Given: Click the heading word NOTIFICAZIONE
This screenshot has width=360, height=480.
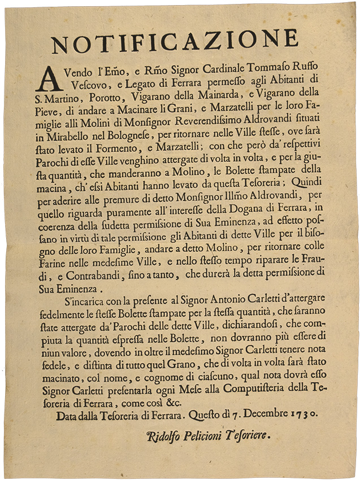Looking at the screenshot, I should pos(175,40).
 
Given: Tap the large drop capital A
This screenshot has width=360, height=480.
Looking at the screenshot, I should pos(49,77).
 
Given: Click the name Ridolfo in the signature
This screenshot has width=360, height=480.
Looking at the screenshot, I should pos(167,435).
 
